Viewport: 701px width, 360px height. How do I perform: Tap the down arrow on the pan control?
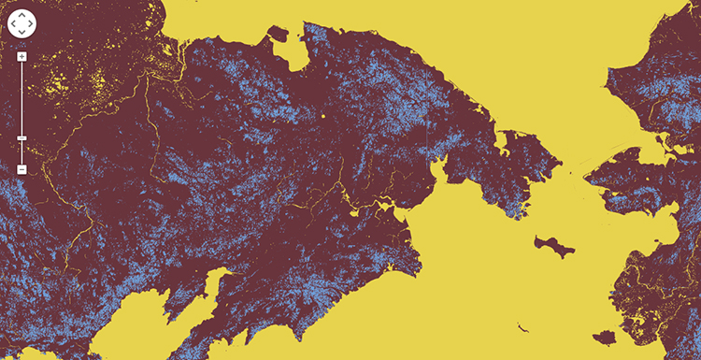tap(21, 31)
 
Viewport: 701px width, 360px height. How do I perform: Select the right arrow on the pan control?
tap(30, 22)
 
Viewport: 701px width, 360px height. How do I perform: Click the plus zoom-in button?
tap(21, 56)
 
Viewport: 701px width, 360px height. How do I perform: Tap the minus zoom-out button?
tap(21, 169)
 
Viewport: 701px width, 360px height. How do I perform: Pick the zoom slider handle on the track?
tap(21, 138)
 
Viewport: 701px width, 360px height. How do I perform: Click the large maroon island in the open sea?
tap(555, 244)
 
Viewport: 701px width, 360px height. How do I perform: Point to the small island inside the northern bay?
tap(278, 35)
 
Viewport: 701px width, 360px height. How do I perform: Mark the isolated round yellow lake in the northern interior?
tap(322, 116)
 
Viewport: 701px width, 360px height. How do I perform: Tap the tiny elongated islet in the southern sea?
tap(522, 326)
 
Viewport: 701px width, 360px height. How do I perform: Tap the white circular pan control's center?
tap(21, 22)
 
